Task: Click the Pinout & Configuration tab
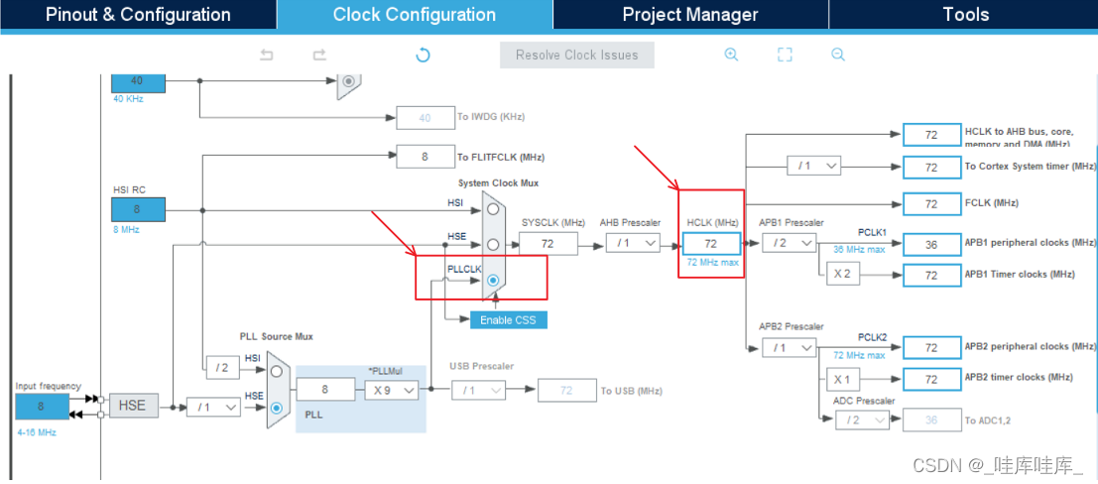[138, 15]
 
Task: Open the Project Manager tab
[690, 15]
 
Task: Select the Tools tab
[966, 15]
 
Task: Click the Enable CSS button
[508, 320]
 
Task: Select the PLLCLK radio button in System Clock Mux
[493, 280]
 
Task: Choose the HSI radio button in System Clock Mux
[493, 208]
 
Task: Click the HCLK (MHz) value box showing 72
[711, 244]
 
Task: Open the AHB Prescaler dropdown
[633, 243]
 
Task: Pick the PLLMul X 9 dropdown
[391, 390]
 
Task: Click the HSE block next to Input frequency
[132, 406]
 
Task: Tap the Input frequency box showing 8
[42, 407]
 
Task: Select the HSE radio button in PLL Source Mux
[277, 407]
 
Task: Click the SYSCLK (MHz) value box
[549, 244]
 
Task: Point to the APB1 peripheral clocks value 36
[931, 244]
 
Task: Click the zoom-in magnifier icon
[731, 55]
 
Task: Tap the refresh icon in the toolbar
[423, 55]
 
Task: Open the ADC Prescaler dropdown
[862, 420]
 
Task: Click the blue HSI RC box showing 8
[138, 209]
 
